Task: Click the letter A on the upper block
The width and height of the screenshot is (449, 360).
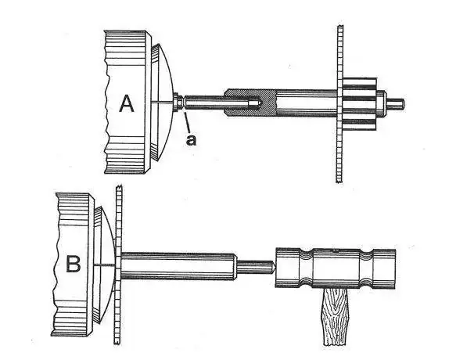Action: tap(126, 103)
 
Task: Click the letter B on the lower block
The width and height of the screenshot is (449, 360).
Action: tap(74, 264)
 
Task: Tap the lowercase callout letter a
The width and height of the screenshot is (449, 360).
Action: tap(192, 140)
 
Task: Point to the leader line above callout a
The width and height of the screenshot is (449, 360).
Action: tap(187, 122)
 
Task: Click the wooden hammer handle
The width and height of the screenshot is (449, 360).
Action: tap(336, 316)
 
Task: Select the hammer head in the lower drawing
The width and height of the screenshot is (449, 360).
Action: tap(336, 268)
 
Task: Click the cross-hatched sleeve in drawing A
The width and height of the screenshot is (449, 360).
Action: tap(250, 103)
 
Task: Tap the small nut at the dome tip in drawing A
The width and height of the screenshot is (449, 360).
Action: tap(178, 103)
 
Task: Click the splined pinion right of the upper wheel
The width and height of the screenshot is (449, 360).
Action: tap(360, 103)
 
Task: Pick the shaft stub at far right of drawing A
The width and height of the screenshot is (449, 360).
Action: tap(395, 103)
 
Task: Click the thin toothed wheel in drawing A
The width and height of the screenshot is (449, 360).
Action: tap(340, 103)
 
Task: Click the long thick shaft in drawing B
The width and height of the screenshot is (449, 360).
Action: tap(179, 266)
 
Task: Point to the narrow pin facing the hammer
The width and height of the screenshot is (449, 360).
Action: tap(255, 266)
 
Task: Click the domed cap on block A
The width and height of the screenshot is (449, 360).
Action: tap(162, 103)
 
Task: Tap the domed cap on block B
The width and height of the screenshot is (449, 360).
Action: tap(106, 265)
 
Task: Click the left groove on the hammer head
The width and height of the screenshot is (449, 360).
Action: tap(307, 268)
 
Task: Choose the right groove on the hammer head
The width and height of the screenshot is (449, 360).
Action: tap(367, 268)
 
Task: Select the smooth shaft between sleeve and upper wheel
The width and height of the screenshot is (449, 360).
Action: tap(307, 103)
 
